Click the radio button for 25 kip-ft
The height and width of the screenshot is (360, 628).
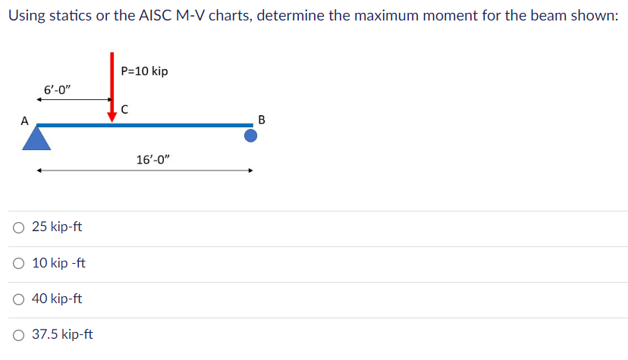coord(18,227)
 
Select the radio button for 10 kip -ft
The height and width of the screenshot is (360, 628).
coord(18,263)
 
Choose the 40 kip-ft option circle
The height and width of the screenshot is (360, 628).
coord(18,299)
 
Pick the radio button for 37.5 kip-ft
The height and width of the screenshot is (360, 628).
coord(18,334)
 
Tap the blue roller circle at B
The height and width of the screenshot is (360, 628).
coord(250,136)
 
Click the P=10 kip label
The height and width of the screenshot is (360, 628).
coord(144,71)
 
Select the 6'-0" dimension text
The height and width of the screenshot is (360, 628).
coord(57,89)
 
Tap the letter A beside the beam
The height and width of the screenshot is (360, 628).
coord(24,120)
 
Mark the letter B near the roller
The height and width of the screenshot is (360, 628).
coord(262,120)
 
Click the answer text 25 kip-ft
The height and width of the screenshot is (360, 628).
coord(57,227)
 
